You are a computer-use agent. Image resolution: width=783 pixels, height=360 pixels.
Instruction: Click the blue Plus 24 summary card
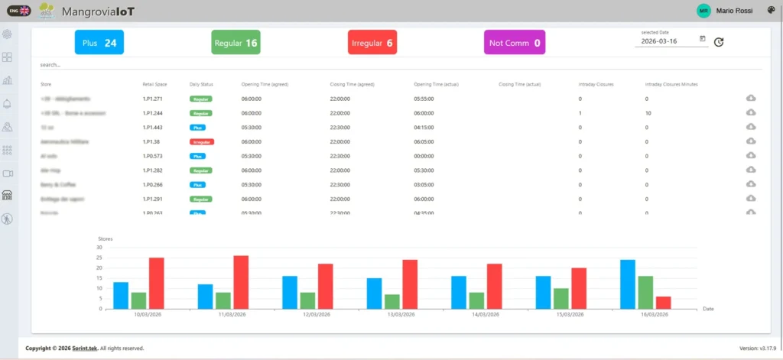[99, 43]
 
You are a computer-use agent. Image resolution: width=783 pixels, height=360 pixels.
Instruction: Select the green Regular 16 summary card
[236, 43]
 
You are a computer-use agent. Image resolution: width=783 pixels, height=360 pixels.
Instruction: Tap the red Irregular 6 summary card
[372, 43]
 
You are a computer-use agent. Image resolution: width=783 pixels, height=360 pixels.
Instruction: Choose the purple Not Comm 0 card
[515, 43]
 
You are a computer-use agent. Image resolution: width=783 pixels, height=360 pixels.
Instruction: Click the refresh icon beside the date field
[719, 42]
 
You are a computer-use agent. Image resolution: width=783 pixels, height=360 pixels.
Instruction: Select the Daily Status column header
[201, 83]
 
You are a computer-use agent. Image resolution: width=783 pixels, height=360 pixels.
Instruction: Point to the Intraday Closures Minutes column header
[671, 83]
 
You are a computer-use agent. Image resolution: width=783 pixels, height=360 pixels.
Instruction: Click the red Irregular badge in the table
[202, 141]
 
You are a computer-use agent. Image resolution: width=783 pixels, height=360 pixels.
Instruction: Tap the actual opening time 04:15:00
[424, 127]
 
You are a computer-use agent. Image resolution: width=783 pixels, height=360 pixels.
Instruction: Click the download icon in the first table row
[751, 98]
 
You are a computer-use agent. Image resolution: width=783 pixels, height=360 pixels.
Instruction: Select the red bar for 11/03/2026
[241, 282]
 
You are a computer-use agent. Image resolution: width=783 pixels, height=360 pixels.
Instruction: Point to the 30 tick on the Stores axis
[99, 247]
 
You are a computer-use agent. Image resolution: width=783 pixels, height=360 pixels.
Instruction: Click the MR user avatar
[703, 10]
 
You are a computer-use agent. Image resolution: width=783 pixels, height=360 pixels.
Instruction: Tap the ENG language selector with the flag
[19, 10]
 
